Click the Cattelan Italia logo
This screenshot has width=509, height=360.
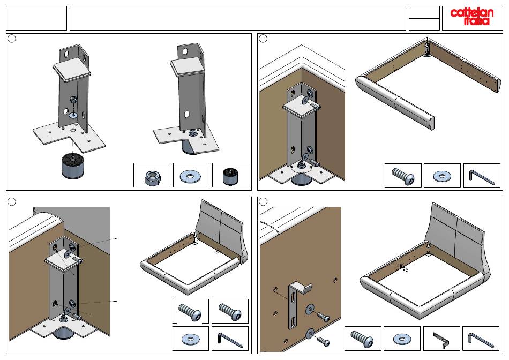coord(470,17)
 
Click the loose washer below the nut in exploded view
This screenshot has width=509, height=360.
coord(73,114)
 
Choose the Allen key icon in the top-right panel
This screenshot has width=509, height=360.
coord(482,176)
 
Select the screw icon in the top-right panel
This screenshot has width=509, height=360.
coord(403,176)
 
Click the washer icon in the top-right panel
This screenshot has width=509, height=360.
coord(443,176)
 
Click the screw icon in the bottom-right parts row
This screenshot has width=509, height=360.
coord(363,339)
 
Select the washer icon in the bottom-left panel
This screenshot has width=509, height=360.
coord(191,339)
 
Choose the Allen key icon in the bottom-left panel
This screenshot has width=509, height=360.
coord(230,339)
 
